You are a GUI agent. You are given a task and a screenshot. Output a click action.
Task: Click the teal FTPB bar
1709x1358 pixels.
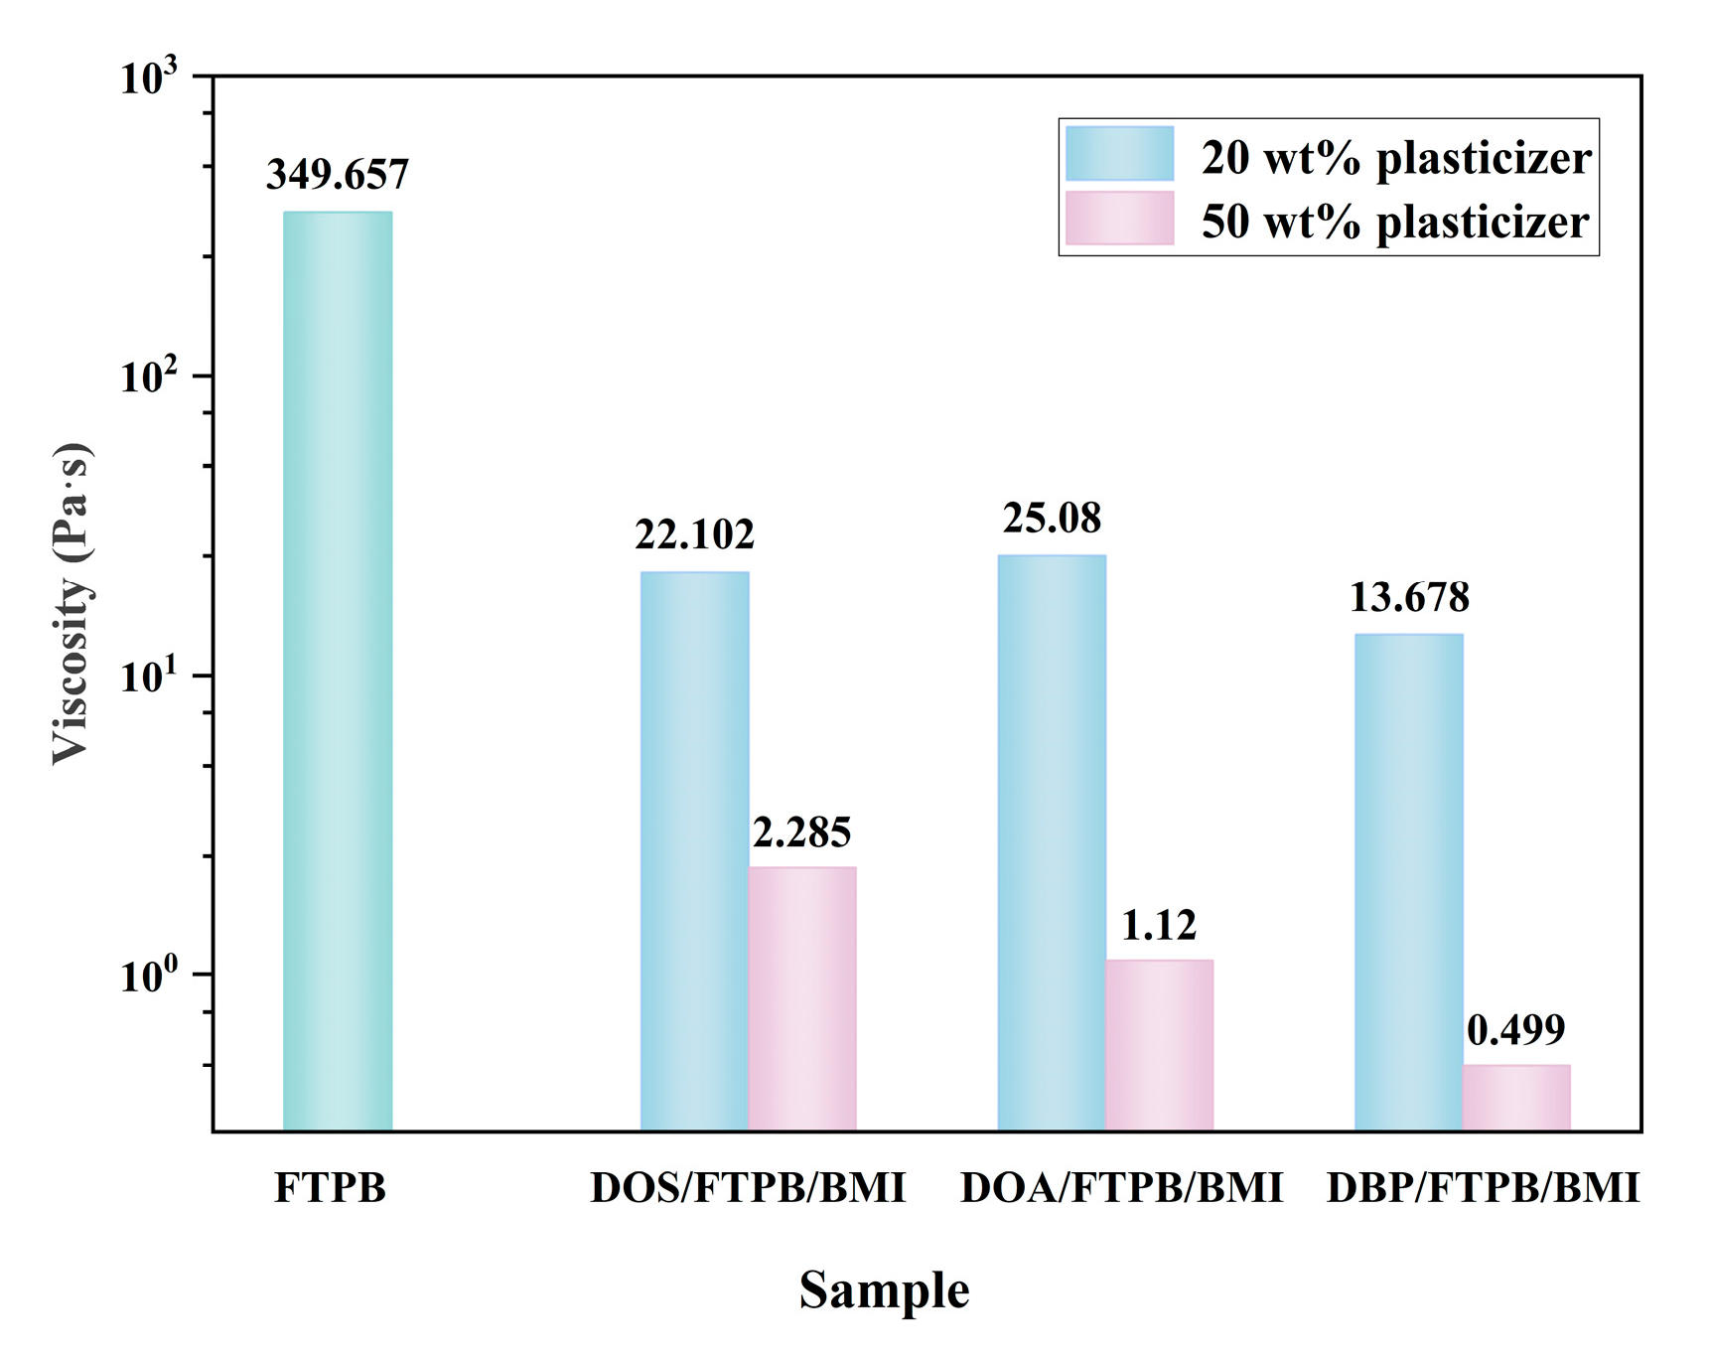pos(338,671)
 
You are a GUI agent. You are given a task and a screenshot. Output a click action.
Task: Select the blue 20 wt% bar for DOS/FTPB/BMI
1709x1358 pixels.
pos(694,850)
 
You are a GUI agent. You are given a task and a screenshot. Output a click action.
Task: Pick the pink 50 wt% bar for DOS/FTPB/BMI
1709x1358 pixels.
pos(802,998)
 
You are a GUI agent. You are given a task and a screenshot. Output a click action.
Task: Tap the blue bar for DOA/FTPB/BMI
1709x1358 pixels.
pos(1052,842)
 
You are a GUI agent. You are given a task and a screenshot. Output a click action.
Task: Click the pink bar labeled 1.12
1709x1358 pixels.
pos(1159,1045)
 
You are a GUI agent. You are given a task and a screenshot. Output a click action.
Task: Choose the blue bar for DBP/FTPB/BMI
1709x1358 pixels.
pos(1408,882)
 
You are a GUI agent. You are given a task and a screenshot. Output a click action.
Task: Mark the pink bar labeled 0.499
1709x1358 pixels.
pos(1516,1098)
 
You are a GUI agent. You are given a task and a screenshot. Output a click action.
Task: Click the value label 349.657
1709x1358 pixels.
pos(338,175)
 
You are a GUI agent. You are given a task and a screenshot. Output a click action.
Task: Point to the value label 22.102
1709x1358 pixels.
pos(694,534)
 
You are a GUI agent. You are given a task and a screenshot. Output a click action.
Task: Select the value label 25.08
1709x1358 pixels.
pos(1052,519)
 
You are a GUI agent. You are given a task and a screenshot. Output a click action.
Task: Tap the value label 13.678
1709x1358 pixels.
pos(1408,597)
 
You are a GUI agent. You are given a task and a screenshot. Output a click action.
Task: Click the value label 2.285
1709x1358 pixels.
pos(801,832)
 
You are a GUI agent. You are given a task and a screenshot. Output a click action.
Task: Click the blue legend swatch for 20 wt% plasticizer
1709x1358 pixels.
pos(1119,154)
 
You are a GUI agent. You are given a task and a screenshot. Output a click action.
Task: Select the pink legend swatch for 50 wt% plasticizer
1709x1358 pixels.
pos(1119,219)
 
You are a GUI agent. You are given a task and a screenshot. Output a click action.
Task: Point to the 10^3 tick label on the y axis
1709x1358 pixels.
pos(149,77)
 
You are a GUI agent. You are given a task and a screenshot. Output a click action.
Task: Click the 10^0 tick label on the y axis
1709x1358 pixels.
pos(149,976)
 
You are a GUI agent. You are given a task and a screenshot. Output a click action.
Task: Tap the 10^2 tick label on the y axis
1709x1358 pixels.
pos(149,377)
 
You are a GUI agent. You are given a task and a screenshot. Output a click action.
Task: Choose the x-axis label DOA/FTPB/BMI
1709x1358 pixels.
pos(1121,1188)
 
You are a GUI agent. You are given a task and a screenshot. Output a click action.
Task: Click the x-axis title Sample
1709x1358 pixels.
pos(884,1290)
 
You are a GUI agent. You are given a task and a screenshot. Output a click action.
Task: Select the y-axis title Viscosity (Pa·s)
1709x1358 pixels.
pos(71,603)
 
